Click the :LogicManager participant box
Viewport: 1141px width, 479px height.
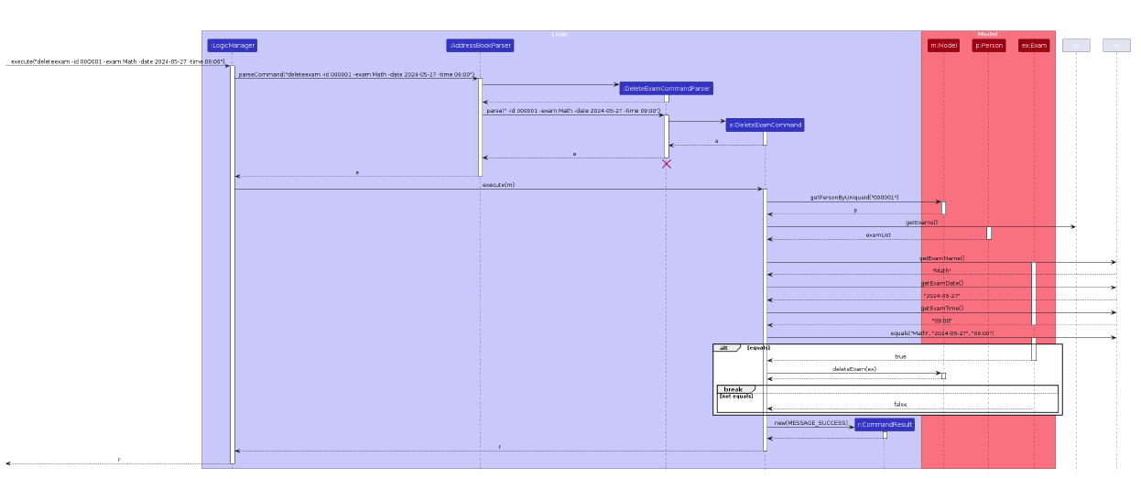click(232, 45)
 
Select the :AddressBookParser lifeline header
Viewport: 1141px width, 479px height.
click(480, 45)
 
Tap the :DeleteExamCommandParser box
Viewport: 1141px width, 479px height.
click(666, 88)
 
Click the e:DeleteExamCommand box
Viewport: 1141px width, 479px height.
click(765, 125)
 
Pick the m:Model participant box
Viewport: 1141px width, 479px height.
click(943, 45)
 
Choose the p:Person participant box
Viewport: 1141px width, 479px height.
click(989, 45)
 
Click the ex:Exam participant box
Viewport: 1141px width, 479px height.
click(1034, 45)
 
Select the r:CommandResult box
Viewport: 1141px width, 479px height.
click(885, 424)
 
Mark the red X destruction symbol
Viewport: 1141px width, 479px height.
click(667, 164)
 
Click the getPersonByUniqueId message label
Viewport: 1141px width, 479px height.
click(853, 198)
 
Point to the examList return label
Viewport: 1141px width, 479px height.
click(878, 235)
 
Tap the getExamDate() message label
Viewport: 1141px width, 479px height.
click(941, 283)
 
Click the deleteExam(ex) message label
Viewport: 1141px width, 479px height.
click(853, 369)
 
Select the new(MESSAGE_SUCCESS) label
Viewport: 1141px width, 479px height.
click(810, 423)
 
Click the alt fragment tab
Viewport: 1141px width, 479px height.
click(724, 348)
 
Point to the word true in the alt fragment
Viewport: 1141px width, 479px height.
click(900, 356)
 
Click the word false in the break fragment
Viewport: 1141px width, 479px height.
click(900, 404)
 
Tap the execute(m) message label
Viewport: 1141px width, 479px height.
click(498, 185)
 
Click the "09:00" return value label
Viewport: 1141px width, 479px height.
click(941, 321)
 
